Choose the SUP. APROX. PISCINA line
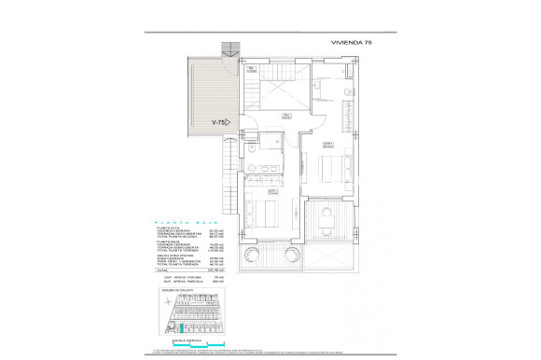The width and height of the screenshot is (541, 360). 181,276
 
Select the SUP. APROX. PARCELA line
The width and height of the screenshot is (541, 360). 181,281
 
